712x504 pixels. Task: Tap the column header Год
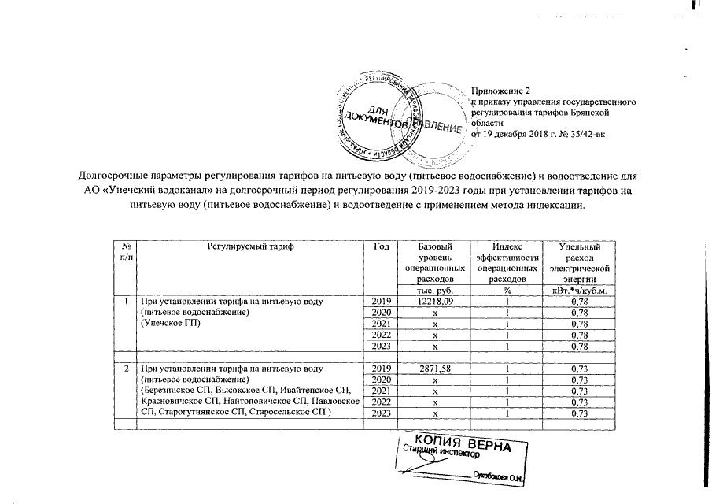coord(382,246)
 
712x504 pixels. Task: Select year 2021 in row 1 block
coord(382,324)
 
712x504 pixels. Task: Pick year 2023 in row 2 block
coord(382,413)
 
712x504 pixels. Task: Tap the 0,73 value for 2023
coord(580,413)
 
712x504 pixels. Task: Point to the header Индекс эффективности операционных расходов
coord(507,263)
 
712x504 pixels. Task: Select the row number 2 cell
coord(127,369)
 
